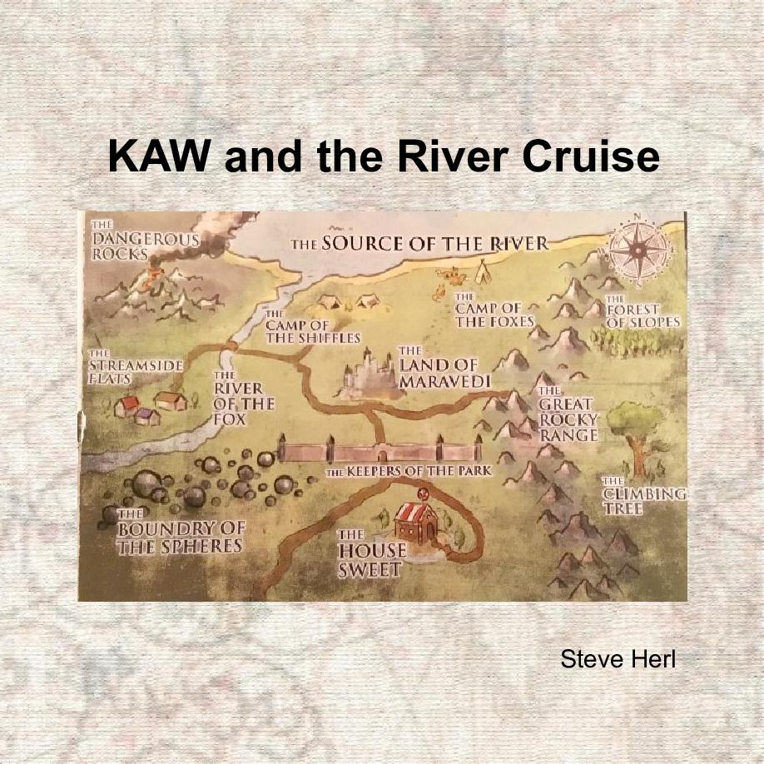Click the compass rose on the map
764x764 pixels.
638,249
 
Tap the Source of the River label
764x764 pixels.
419,244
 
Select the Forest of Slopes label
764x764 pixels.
642,315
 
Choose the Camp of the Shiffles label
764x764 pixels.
312,330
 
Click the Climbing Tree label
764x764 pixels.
643,496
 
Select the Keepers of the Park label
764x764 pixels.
408,472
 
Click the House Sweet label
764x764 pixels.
371,555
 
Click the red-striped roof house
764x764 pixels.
416,522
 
